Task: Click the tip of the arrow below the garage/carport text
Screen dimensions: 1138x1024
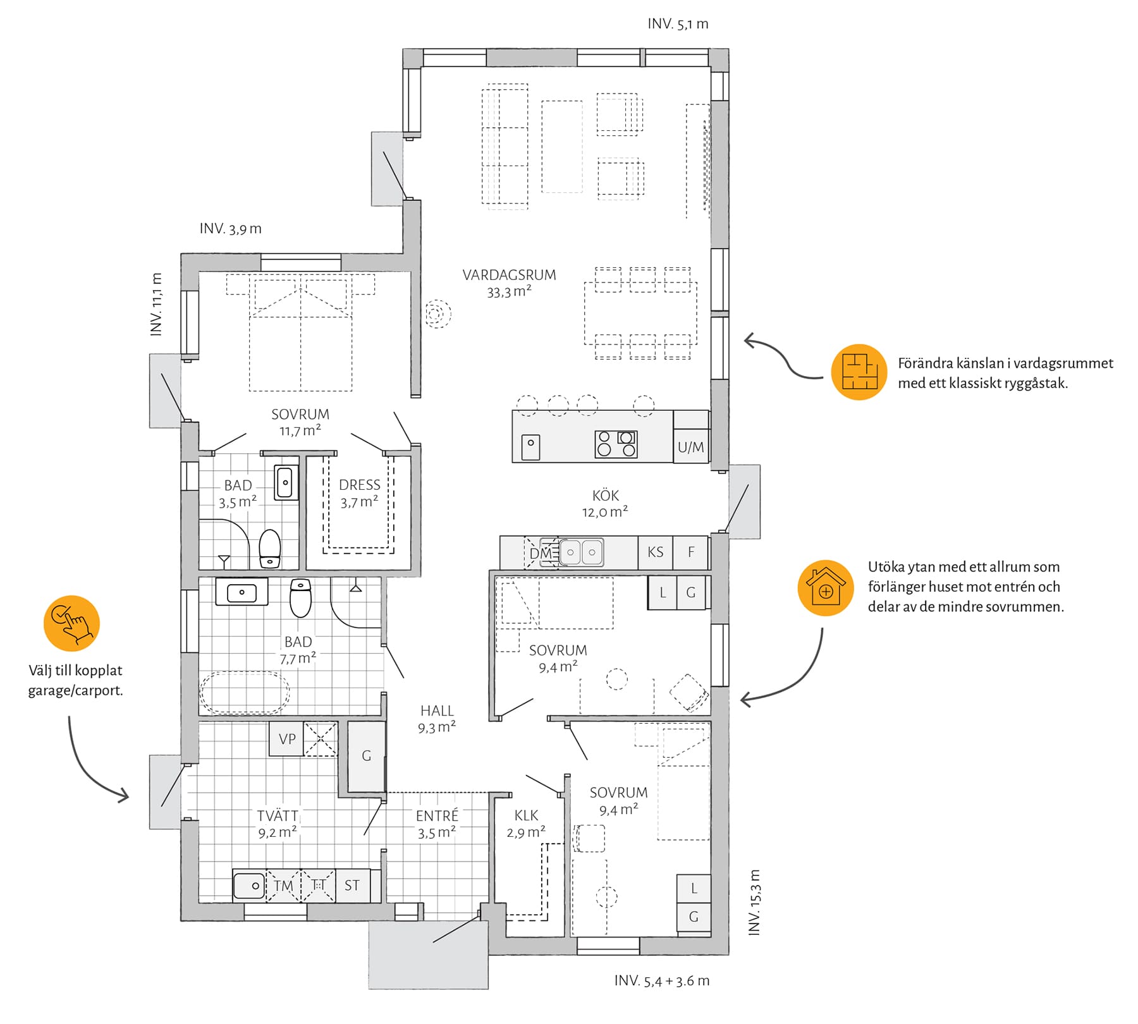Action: tap(128, 796)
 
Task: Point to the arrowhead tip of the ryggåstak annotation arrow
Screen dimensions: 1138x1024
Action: tap(744, 342)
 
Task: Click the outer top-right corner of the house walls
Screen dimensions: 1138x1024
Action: tap(729, 49)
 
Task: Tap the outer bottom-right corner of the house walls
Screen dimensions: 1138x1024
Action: tap(729, 954)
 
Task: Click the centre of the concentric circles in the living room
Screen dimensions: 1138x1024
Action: tap(436, 314)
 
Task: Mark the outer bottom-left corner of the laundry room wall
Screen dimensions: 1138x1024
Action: tap(181, 920)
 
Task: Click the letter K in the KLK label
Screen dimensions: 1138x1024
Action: tap(518, 816)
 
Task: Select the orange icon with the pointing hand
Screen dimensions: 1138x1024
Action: tap(71, 623)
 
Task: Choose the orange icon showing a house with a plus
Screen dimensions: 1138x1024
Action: tap(826, 588)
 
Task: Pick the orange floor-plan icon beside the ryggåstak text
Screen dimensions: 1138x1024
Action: tap(859, 372)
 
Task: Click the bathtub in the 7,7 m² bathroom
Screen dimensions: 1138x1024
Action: tap(245, 693)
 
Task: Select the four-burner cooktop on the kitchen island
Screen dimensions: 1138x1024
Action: tap(616, 444)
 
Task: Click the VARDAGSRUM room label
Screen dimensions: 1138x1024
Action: tap(509, 276)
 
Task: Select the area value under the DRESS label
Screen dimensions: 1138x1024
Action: tap(359, 503)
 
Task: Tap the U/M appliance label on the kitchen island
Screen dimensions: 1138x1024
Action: tap(690, 448)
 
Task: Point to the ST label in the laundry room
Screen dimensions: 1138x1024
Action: tap(352, 886)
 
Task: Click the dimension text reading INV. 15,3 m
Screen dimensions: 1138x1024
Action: tap(754, 903)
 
